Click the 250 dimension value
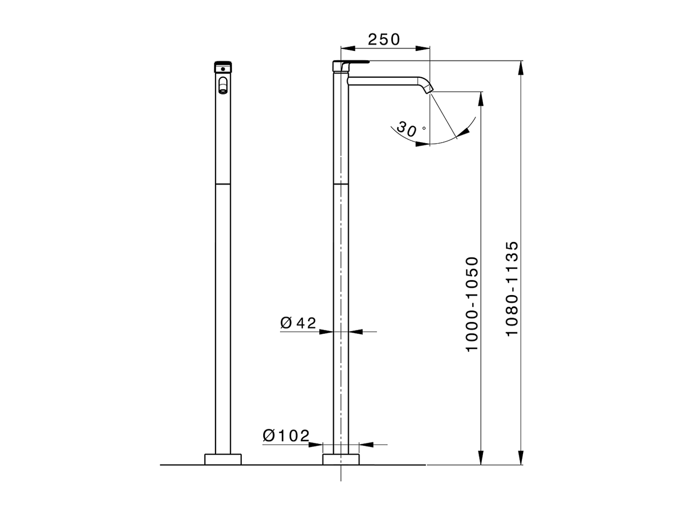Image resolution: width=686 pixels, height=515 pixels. (x=384, y=39)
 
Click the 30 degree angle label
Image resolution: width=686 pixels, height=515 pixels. (x=408, y=129)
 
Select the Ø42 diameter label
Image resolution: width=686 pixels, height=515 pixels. (x=298, y=322)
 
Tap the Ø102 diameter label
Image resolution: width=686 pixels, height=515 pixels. (x=286, y=436)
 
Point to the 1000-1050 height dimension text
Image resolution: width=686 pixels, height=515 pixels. (x=472, y=304)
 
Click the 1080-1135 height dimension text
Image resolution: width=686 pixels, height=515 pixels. (x=512, y=289)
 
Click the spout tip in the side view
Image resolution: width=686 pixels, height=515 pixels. (x=429, y=90)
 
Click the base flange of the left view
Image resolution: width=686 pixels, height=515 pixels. (x=223, y=459)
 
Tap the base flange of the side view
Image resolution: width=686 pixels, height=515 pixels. (x=341, y=459)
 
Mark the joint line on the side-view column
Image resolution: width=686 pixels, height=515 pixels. (x=341, y=183)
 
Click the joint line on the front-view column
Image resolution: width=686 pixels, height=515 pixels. (x=222, y=183)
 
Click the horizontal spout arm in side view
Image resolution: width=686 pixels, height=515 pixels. (x=383, y=80)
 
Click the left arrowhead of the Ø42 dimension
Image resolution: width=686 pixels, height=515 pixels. (x=327, y=332)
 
